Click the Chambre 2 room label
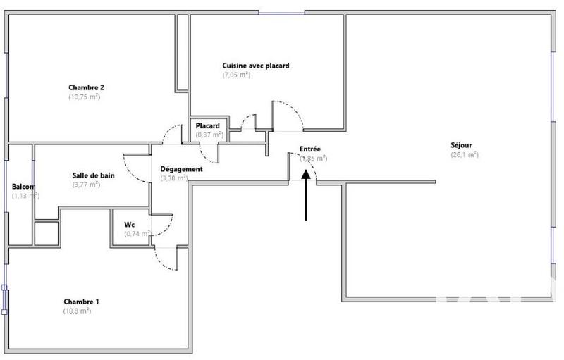coord(87,87)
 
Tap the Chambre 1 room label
coord(81,302)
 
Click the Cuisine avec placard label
coord(256,66)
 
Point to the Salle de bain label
coord(90,175)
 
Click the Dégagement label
coord(182,169)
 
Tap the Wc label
coord(130,225)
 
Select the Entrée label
coord(310,149)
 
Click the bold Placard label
coord(208,126)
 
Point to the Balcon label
coord(23,187)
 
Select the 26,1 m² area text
coord(465,154)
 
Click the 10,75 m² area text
coord(85,97)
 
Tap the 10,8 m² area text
coord(77,311)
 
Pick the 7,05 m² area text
coord(237,75)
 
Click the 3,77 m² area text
coord(86,185)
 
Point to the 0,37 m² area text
coord(208,135)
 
